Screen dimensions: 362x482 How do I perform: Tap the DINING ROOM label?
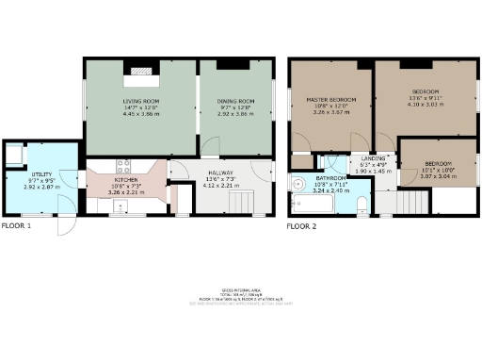pyautogui.click(x=237, y=101)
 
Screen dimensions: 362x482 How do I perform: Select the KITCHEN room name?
pyautogui.click(x=127, y=179)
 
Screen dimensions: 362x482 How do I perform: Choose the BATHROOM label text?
pyautogui.click(x=330, y=178)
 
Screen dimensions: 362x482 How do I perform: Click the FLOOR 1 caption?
pyautogui.click(x=16, y=226)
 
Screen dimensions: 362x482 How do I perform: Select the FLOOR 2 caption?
pyautogui.click(x=301, y=226)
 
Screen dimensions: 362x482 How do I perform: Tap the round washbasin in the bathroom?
pyautogui.click(x=297, y=186)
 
